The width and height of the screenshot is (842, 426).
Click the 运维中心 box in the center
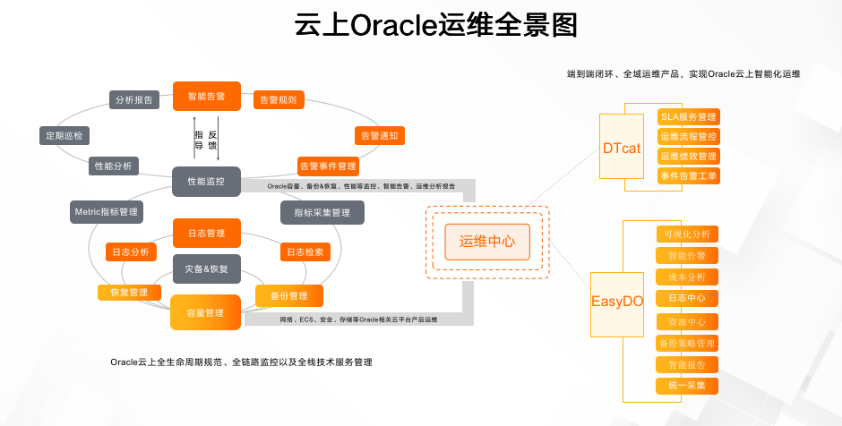click(x=487, y=242)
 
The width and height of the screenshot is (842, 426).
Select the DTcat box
click(x=622, y=148)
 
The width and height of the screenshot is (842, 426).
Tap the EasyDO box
click(x=617, y=302)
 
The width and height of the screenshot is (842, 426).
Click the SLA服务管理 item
click(x=688, y=117)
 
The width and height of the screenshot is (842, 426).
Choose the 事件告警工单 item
click(x=688, y=175)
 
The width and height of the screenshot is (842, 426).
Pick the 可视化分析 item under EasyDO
click(x=687, y=234)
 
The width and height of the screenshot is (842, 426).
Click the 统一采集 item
click(x=687, y=386)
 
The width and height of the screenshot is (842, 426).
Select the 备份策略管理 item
click(x=687, y=343)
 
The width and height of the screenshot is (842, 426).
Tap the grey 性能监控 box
click(x=206, y=181)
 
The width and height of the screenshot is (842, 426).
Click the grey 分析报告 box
click(x=134, y=99)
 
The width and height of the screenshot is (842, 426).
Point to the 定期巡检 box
click(x=64, y=136)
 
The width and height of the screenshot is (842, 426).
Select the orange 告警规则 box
click(x=278, y=99)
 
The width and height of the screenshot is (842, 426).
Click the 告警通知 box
click(x=379, y=136)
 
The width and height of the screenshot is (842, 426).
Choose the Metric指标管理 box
click(x=107, y=211)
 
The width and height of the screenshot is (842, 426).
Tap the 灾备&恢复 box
click(x=206, y=268)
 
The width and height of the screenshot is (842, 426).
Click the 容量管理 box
click(x=206, y=312)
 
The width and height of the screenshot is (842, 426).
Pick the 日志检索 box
click(x=305, y=252)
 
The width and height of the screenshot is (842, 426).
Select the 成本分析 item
click(x=687, y=277)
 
